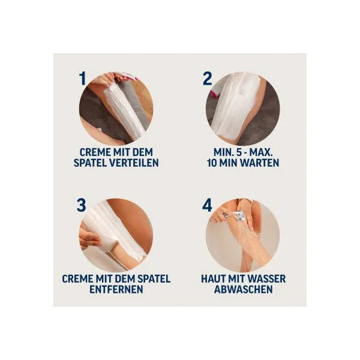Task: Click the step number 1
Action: pyautogui.click(x=83, y=78)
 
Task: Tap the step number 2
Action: pyautogui.click(x=208, y=78)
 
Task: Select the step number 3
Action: pyautogui.click(x=81, y=205)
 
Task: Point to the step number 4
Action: pyautogui.click(x=207, y=205)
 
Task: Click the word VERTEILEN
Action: pyautogui.click(x=134, y=163)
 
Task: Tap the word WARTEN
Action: pyautogui.click(x=260, y=163)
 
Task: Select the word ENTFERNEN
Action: pyautogui.click(x=116, y=289)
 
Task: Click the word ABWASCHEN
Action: pyautogui.click(x=244, y=289)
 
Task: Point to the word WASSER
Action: pyautogui.click(x=267, y=279)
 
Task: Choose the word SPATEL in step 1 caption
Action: pyautogui.click(x=90, y=163)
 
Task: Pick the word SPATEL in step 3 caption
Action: pyautogui.click(x=154, y=279)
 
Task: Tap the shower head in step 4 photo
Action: pyautogui.click(x=239, y=217)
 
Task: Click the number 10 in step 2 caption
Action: pyautogui.click(x=211, y=163)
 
